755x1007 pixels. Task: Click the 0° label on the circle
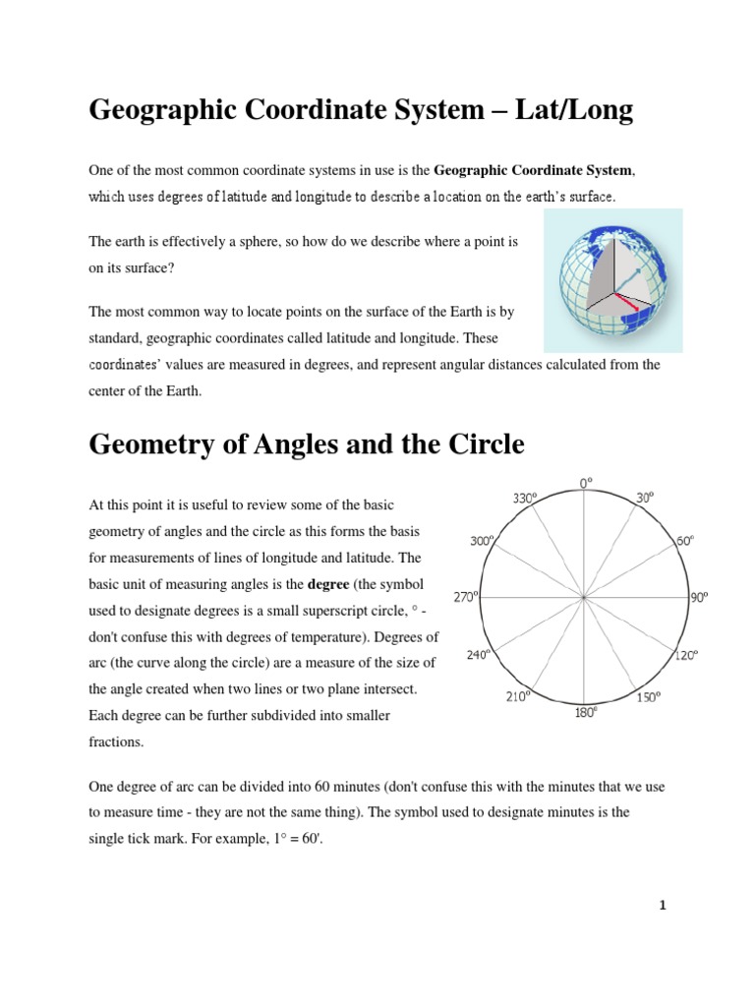pos(586,483)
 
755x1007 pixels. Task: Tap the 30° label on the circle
pos(644,499)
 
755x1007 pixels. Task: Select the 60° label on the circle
pos(684,541)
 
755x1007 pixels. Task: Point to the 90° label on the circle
pos(699,596)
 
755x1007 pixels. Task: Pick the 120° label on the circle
pos(684,654)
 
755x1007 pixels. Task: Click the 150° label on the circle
pos(647,697)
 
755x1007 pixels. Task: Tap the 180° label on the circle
pos(585,713)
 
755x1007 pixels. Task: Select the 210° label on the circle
pos(518,696)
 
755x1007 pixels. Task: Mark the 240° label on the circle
pos(479,653)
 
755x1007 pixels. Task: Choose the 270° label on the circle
pos(465,596)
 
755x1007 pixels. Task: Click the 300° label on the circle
pos(480,541)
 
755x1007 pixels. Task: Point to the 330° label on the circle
pos(525,499)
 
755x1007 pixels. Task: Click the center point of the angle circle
pos(585,597)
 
